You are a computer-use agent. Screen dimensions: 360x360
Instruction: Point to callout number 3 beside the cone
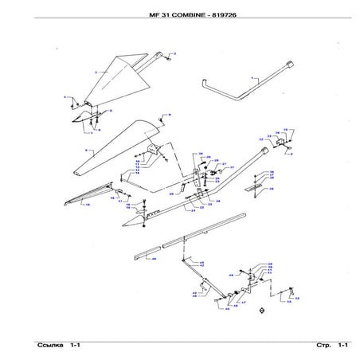point(95,72)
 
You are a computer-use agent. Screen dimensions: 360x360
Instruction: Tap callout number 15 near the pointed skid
point(88,205)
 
